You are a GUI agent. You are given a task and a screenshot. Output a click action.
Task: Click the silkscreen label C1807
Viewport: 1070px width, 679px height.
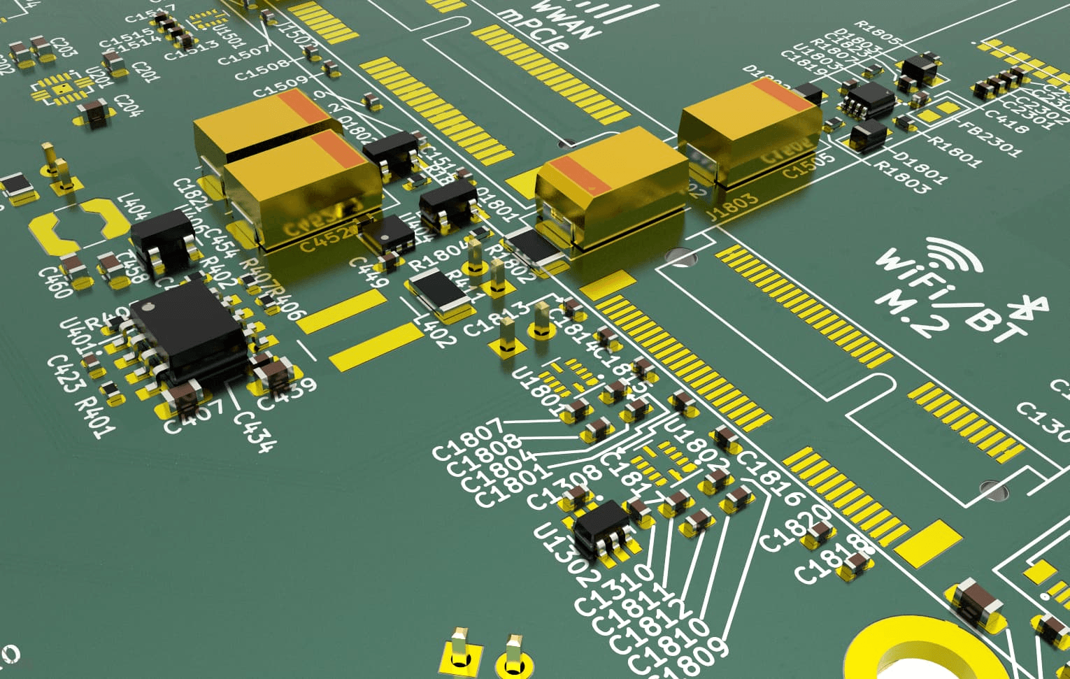[467, 439]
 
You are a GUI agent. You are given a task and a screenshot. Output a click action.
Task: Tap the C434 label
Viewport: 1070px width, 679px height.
[255, 430]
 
